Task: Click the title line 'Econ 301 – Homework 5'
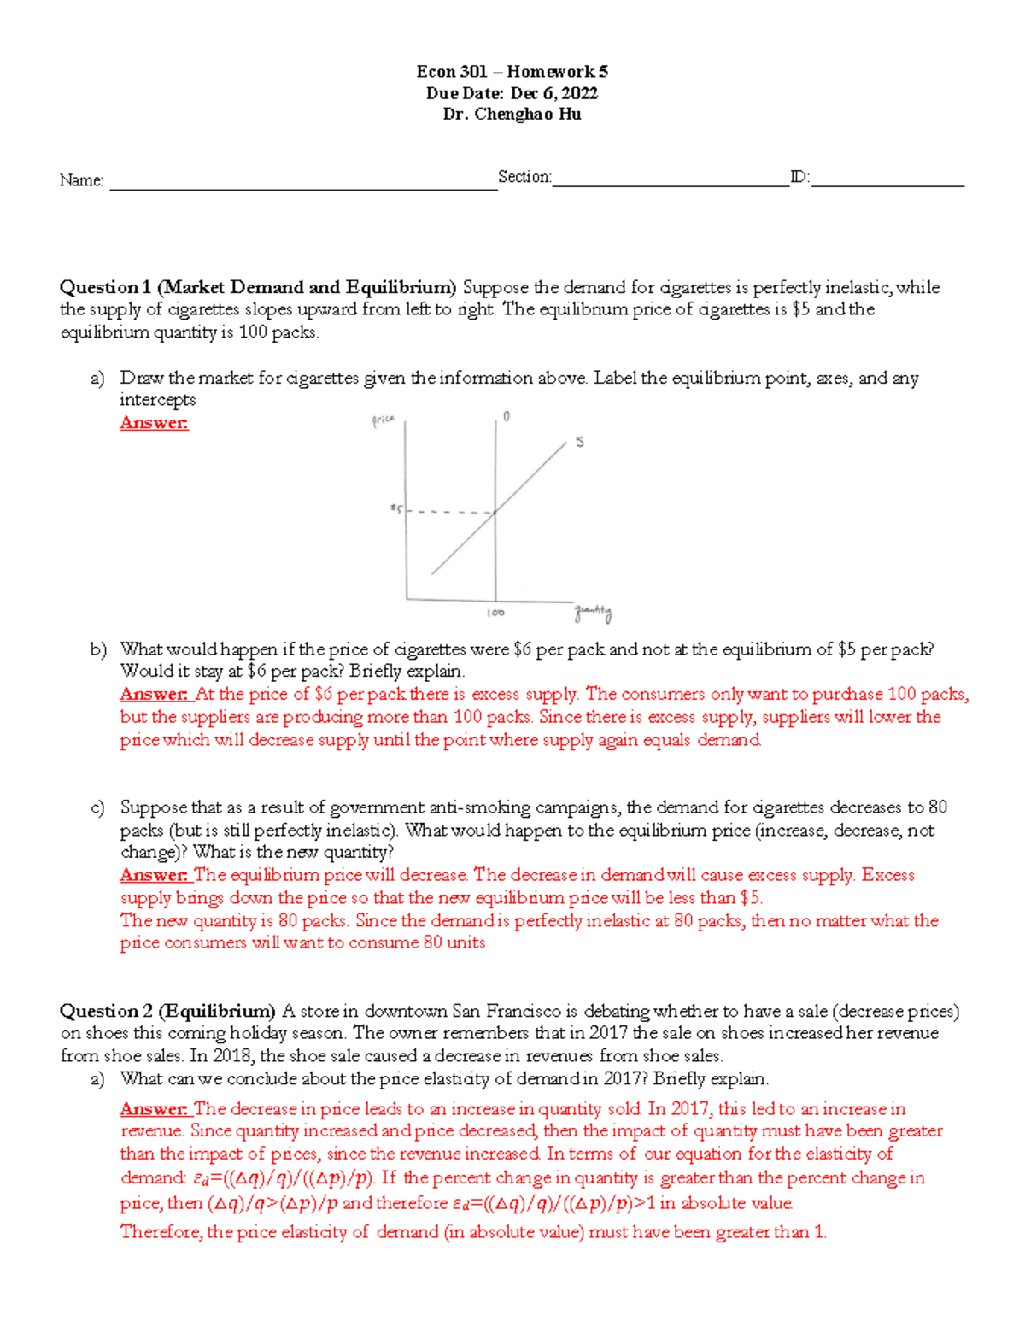tap(512, 72)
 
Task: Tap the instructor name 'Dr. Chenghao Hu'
tap(512, 114)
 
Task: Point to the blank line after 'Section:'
tap(670, 181)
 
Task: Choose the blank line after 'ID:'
tap(887, 181)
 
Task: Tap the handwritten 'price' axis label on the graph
tap(383, 420)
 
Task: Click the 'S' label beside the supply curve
tap(580, 443)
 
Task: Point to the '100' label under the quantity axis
tap(495, 614)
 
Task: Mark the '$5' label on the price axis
tap(395, 509)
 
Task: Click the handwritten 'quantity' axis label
tap(593, 613)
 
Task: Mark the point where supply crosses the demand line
tap(495, 512)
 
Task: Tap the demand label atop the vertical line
tap(507, 416)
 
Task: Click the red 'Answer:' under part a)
tap(154, 423)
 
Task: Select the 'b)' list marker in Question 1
tap(97, 649)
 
